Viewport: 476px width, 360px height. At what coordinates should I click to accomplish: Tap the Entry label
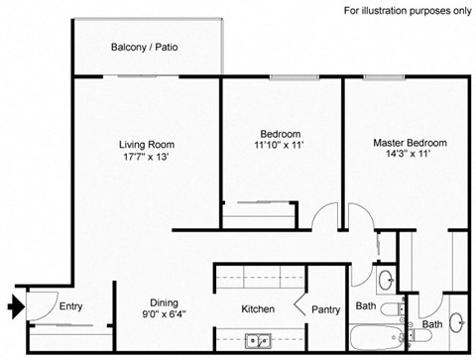70,306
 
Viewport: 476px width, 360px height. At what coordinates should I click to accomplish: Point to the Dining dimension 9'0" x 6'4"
163,316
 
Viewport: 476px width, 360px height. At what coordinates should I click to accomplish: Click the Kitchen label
258,308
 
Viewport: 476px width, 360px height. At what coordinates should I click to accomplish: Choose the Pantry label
325,309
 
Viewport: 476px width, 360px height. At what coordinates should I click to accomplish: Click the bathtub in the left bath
374,339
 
